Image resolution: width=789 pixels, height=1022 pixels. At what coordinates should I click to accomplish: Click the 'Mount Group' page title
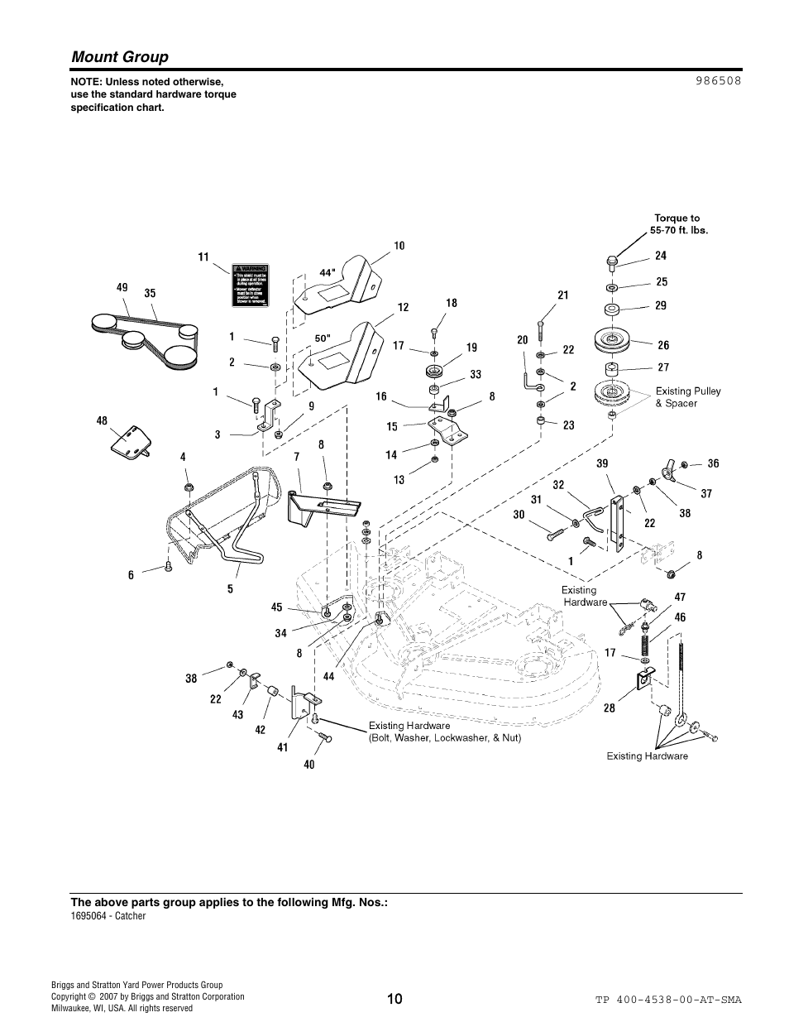tap(120, 56)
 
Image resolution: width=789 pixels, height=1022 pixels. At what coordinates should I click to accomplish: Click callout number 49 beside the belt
tap(122, 287)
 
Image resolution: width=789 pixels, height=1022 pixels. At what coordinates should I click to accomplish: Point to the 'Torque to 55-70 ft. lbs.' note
tap(681, 224)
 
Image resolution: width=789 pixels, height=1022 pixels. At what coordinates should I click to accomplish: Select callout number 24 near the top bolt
tap(661, 256)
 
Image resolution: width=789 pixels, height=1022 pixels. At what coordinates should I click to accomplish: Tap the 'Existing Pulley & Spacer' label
tap(688, 397)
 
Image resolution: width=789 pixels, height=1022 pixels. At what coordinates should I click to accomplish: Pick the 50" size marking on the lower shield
tap(323, 338)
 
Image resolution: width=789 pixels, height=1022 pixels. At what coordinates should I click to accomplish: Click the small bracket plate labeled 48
tap(131, 439)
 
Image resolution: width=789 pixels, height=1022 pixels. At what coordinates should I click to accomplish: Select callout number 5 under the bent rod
tap(231, 589)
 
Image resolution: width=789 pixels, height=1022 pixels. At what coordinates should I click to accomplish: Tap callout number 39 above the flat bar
tap(603, 464)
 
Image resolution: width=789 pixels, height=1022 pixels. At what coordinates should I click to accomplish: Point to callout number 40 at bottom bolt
tap(308, 765)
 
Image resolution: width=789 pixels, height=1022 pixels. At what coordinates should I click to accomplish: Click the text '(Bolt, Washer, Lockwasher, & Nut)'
tap(445, 737)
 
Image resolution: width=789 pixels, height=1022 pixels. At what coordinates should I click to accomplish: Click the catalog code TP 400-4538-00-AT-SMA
tap(667, 1000)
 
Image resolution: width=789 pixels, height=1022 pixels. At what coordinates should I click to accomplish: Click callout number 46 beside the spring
tap(680, 617)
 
